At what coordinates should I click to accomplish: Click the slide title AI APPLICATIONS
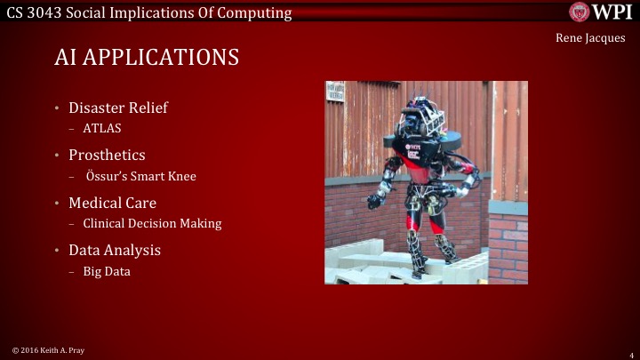(x=147, y=58)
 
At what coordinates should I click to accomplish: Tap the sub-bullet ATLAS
(x=102, y=128)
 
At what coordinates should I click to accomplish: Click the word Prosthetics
(x=108, y=156)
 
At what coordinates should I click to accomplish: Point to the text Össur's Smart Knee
(x=148, y=176)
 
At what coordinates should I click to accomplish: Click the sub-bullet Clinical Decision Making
(x=152, y=223)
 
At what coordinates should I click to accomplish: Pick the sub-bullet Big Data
(x=107, y=271)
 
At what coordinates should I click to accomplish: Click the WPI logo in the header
(x=601, y=12)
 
